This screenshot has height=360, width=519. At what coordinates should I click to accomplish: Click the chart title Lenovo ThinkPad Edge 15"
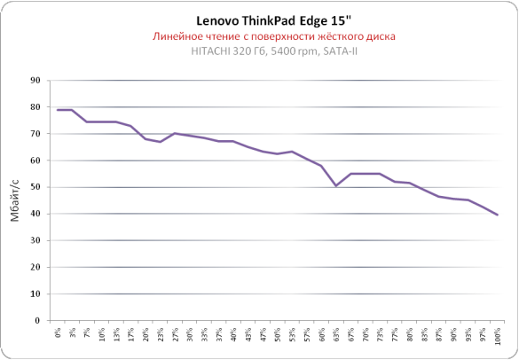coord(273,21)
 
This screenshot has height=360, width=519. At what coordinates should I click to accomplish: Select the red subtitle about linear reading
coord(274,36)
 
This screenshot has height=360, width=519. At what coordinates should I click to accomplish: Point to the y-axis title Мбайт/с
coord(15,200)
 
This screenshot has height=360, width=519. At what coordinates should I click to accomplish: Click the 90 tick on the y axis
coord(35,81)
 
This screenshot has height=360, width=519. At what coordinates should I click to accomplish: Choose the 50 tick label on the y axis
coord(35,187)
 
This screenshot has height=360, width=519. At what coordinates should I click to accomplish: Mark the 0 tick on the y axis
coord(37,321)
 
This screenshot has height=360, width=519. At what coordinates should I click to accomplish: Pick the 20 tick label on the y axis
coord(35,268)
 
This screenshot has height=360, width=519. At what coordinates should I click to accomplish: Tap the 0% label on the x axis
coord(58,333)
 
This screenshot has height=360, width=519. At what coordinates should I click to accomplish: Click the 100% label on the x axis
coord(498,336)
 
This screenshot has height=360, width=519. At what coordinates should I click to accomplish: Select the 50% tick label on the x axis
coord(278,334)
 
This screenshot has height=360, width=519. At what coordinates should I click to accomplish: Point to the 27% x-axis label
coord(175,334)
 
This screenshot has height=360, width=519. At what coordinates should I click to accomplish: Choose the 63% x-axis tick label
coord(336,334)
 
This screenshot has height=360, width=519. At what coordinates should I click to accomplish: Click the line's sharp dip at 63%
coord(336,186)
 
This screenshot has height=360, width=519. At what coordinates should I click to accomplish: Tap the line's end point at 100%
coord(497,215)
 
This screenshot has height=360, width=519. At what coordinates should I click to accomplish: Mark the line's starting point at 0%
coord(58,110)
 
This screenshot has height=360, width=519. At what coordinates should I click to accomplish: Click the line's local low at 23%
coord(161,142)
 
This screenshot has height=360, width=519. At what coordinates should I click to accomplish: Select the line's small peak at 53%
coord(292,152)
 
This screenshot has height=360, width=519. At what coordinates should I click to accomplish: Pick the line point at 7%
coord(87,121)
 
